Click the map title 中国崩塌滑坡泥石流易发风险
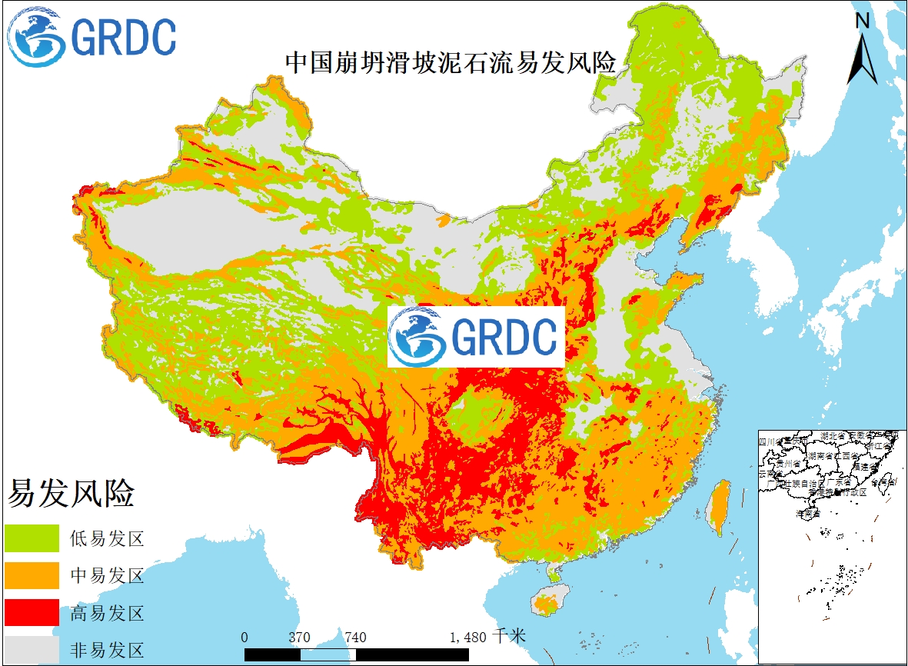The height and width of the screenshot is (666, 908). pos(451,63)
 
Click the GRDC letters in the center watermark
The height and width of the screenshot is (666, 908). pos(504,337)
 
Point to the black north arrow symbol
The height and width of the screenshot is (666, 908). pos(862,58)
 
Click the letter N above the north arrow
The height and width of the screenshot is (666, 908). pos(863,21)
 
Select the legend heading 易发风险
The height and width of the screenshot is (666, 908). pos(71,494)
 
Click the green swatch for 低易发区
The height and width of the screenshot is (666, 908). pos(32,538)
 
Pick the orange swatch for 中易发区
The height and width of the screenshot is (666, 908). pos(32,575)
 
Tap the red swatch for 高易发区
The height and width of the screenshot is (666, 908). pos(32,613)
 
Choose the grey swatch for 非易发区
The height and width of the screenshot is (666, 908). pos(32,648)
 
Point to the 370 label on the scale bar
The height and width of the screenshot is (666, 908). pos(300,637)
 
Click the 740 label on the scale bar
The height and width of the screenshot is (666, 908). pos(355,637)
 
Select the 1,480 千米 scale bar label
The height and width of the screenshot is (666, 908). pos(487,637)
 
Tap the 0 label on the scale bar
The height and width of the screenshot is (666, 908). pos(244,637)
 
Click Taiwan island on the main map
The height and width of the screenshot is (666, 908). pos(719,508)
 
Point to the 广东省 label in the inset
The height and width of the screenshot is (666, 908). pos(840,484)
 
